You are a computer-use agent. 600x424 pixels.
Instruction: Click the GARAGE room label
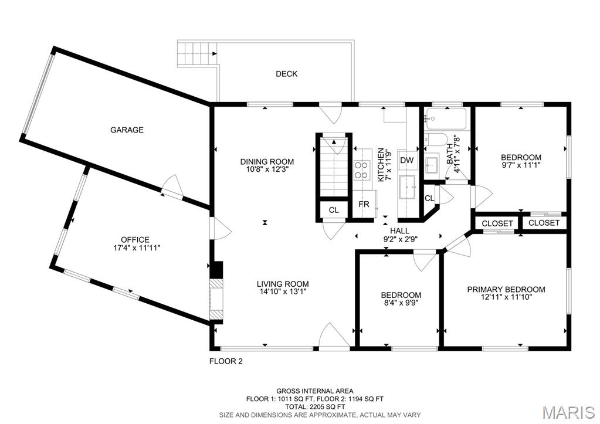click(x=127, y=130)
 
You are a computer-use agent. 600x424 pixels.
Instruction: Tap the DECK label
click(x=287, y=74)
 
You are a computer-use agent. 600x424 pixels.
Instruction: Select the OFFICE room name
click(x=135, y=240)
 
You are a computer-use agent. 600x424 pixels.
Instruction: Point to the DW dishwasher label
click(x=407, y=160)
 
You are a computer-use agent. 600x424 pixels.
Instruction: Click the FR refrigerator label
click(x=364, y=204)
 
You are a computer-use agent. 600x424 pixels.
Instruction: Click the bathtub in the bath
click(x=446, y=118)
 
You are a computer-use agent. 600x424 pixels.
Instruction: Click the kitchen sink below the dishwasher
click(x=407, y=187)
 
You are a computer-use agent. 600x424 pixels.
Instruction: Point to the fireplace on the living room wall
click(x=216, y=299)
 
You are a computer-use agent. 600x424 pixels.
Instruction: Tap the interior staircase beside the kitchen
click(x=334, y=167)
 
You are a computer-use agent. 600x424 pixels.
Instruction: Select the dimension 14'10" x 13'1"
click(x=283, y=291)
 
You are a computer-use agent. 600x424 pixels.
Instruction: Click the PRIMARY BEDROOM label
click(x=506, y=290)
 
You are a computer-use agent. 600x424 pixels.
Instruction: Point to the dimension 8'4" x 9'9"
click(x=401, y=302)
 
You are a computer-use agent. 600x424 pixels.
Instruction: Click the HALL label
click(x=399, y=230)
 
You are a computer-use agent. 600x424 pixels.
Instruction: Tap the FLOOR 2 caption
click(x=226, y=361)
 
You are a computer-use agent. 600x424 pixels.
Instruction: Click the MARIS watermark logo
click(x=569, y=412)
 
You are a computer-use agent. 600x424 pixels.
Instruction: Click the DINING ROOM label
click(x=267, y=161)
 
